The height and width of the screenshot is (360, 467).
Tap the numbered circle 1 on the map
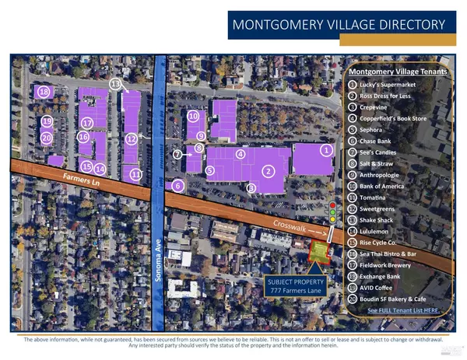(327, 150)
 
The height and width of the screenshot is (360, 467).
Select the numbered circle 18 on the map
(44, 93)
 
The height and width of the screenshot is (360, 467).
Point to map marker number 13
(115, 83)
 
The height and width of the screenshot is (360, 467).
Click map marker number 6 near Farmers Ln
(178, 185)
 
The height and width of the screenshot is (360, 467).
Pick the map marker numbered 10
(193, 117)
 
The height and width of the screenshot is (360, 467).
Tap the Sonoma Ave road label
(159, 256)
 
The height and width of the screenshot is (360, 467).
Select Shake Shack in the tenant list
(379, 219)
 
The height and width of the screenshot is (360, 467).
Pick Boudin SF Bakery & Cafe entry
(397, 297)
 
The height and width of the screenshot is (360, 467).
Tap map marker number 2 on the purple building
(269, 170)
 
